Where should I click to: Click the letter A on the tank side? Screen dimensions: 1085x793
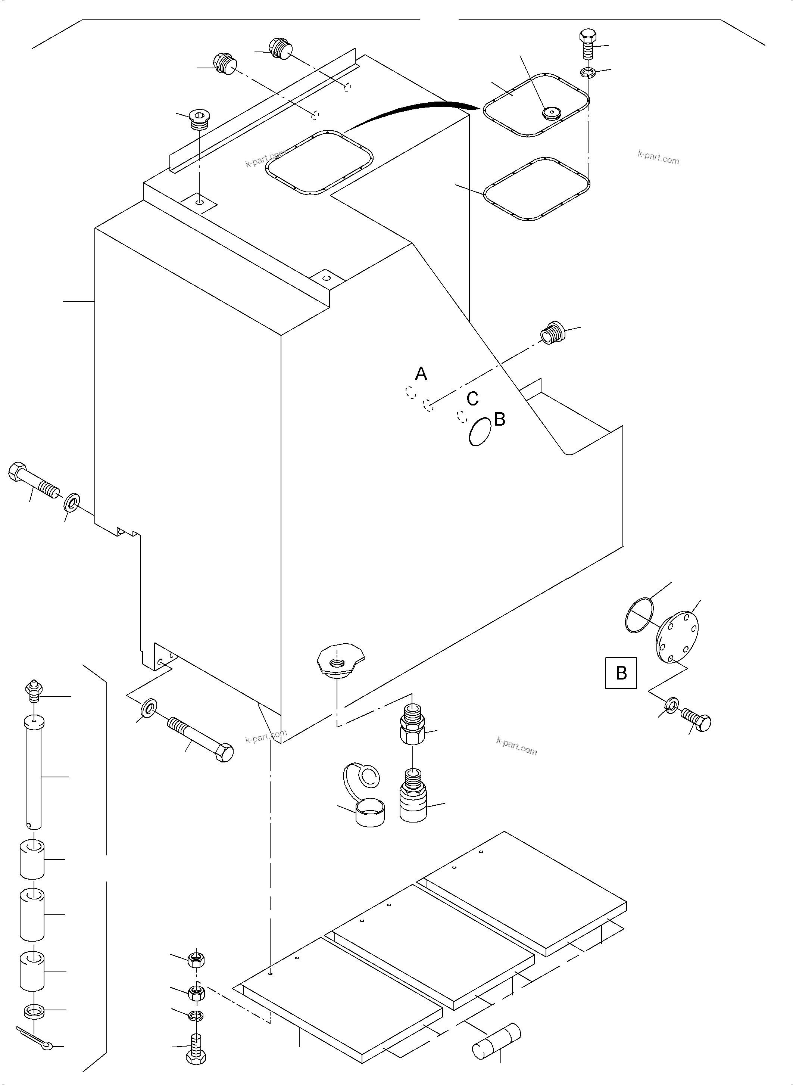point(421,374)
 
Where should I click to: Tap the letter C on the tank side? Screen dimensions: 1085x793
point(472,398)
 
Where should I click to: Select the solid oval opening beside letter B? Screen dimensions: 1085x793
point(480,431)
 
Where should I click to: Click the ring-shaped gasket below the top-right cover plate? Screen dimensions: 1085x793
point(537,189)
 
